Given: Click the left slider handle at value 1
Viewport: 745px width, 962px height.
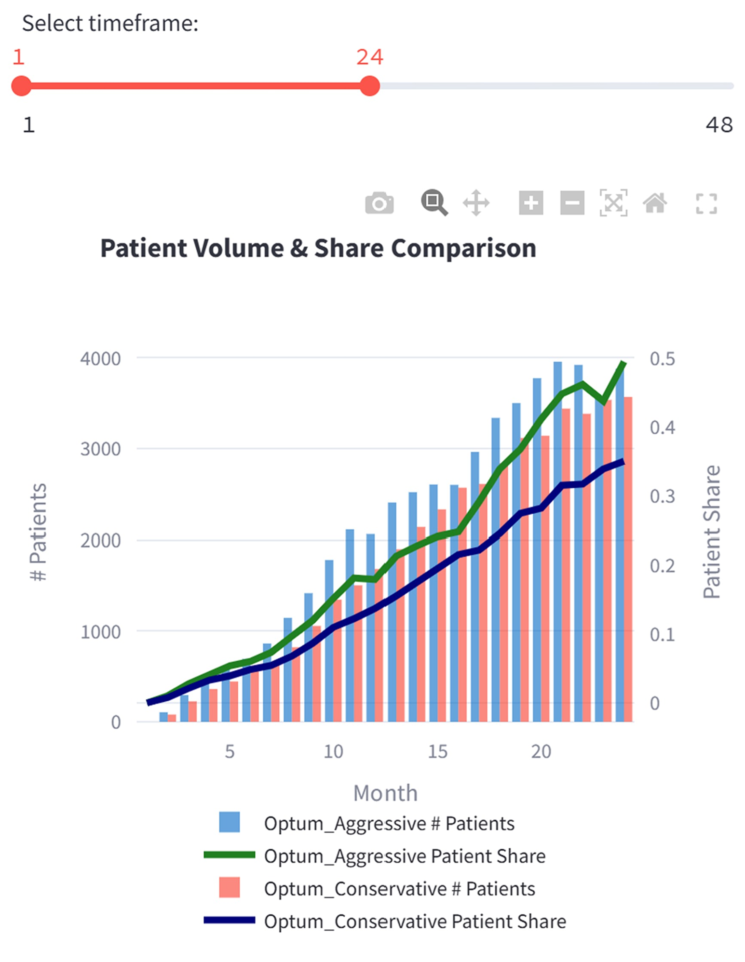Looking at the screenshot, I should point(21,86).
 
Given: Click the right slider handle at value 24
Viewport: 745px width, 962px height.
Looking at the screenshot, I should point(370,86).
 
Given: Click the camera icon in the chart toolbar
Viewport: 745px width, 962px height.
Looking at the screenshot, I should point(379,203).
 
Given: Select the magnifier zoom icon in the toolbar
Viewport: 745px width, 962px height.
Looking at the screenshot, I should point(434,202).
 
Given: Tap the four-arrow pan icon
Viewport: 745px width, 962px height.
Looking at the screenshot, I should point(476,203).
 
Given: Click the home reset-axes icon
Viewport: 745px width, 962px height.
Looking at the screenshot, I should point(655,203).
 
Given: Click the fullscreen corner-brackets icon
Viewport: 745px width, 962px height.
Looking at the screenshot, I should point(706,203).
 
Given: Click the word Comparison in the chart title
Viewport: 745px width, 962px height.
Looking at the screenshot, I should point(463,249).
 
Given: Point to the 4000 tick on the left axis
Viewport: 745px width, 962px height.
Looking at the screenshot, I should point(100,359).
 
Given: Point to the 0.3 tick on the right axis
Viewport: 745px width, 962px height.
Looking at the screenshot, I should point(662,496).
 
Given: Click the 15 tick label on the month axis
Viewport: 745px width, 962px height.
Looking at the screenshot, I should point(437,751).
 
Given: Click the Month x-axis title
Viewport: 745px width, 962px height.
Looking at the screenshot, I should point(385,793).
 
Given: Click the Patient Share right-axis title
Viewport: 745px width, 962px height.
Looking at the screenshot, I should point(711,532).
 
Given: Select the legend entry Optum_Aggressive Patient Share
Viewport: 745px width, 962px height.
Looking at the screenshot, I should point(404,856).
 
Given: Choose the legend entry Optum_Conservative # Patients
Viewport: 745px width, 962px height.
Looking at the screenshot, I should point(399,889).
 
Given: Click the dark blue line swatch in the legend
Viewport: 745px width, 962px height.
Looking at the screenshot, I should point(229,921).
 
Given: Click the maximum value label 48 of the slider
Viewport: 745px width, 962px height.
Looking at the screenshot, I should point(719,125).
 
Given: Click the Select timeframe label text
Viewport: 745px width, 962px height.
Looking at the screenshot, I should point(110,23).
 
